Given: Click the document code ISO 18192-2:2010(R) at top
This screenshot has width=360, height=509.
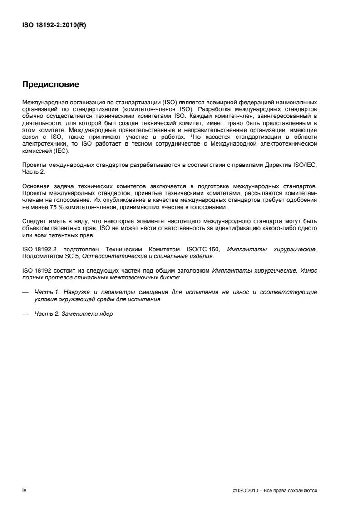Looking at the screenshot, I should tap(54, 25).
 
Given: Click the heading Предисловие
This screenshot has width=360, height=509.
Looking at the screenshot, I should tap(50, 84).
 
